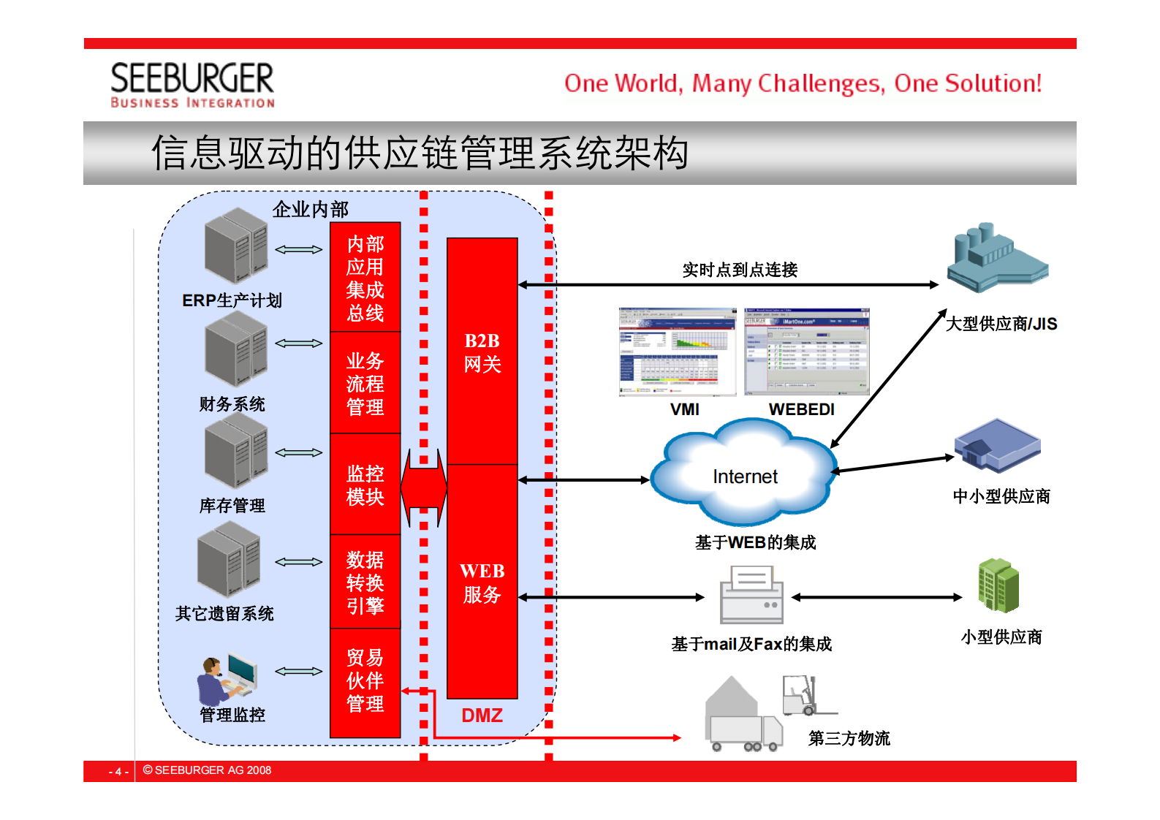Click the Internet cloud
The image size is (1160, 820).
[x=744, y=475]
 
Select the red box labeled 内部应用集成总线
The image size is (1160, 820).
[x=365, y=278]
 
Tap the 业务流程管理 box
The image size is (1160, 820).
[x=365, y=383]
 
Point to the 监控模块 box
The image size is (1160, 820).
[x=365, y=485]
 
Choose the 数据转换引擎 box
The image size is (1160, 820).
[x=365, y=582]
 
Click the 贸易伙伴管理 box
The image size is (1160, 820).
[x=365, y=681]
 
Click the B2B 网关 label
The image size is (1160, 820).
[x=482, y=352]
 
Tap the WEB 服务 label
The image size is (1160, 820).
[x=482, y=582]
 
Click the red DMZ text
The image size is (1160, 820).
[x=482, y=715]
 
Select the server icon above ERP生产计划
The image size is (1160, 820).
[x=236, y=246]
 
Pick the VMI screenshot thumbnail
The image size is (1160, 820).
[x=678, y=352]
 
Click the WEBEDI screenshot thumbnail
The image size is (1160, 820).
[x=806, y=352]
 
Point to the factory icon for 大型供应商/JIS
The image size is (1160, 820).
[x=997, y=259]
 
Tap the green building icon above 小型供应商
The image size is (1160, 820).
[x=998, y=585]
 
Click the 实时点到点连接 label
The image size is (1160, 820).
[x=740, y=270]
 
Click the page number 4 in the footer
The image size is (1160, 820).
[x=118, y=771]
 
